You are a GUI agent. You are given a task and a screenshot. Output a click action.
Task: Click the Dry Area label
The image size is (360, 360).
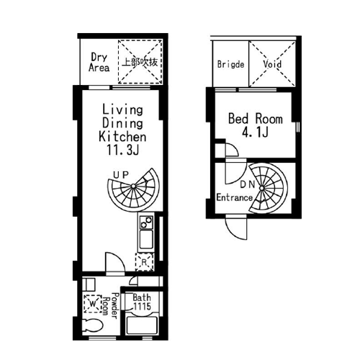99,62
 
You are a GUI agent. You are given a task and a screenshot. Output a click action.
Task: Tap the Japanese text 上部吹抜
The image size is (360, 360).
140,62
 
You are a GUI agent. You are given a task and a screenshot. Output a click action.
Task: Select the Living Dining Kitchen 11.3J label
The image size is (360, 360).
122,130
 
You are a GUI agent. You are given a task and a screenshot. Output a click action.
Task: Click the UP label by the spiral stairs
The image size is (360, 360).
121,175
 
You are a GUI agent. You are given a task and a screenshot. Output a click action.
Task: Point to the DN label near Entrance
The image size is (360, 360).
248,184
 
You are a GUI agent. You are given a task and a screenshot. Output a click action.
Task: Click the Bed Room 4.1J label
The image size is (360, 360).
256,125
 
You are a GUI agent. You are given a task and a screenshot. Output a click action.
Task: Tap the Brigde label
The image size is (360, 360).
230,64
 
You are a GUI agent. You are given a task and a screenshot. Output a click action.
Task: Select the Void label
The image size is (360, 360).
272,64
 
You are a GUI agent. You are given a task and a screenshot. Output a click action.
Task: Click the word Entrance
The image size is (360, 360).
235,197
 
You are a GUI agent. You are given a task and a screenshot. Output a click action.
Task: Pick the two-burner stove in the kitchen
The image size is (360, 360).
146,222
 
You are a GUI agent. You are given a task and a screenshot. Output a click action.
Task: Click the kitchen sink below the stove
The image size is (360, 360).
146,239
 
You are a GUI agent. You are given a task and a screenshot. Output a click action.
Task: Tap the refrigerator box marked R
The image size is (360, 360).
144,261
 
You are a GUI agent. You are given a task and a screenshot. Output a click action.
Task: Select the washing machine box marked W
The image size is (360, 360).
93,304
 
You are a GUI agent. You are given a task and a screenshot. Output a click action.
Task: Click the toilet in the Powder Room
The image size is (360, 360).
92,325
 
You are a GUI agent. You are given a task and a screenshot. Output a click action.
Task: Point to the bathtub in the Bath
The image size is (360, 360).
142,325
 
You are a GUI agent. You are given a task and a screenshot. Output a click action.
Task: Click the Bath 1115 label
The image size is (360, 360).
142,302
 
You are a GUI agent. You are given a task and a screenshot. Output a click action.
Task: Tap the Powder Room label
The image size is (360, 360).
111,306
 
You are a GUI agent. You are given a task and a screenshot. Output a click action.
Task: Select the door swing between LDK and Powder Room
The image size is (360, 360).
115,263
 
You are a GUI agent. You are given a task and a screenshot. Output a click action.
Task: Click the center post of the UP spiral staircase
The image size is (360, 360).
133,186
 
